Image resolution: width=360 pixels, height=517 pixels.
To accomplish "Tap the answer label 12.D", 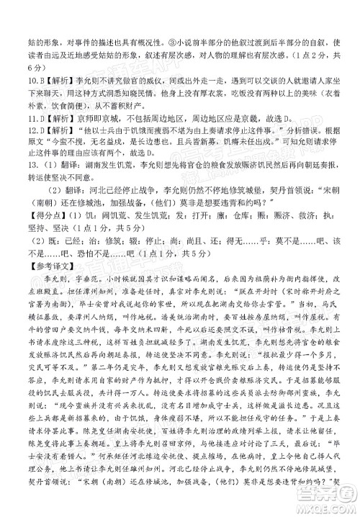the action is click(x=15, y=128).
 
